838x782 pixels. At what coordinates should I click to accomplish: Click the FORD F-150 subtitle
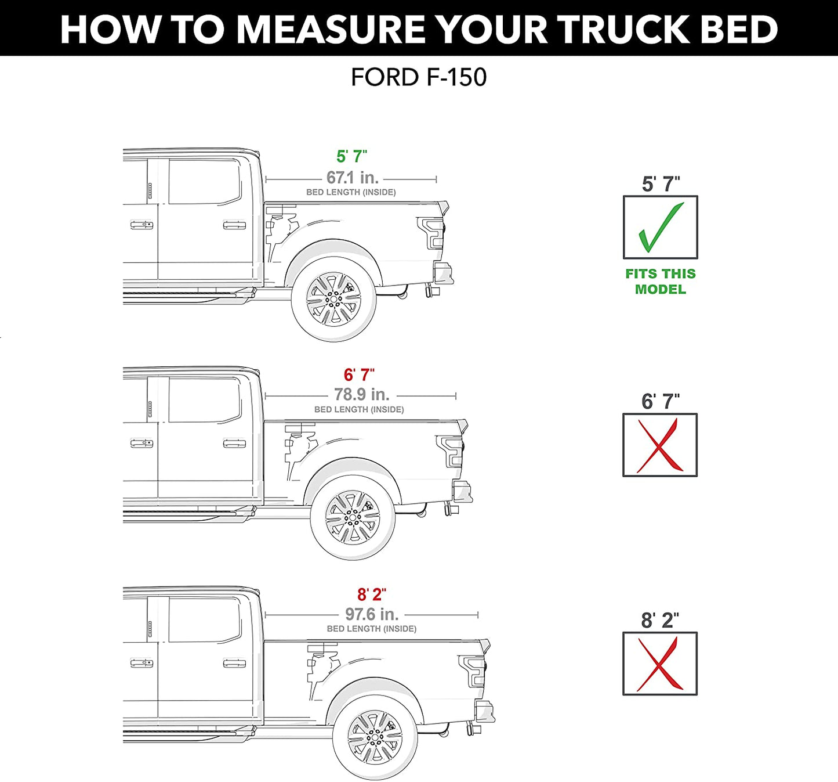418,78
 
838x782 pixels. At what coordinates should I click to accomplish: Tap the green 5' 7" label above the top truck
351,156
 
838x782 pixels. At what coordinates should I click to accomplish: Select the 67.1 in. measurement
352,178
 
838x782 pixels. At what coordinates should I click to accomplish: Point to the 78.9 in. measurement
361,395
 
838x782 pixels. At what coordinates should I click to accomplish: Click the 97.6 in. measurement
372,614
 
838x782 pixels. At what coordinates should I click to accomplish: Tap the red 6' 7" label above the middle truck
359,375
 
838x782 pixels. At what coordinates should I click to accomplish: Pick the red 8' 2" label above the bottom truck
371,594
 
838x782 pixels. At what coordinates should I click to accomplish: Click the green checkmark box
660,228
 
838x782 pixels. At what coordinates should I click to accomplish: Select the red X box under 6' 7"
660,445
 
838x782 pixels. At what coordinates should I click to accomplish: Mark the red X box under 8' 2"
660,664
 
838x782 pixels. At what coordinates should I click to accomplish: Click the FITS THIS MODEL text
660,282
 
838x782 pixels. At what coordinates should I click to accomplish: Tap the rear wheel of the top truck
333,300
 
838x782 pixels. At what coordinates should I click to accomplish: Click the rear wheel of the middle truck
353,518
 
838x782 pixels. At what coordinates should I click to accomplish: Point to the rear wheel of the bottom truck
375,737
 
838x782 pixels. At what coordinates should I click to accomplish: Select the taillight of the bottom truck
473,671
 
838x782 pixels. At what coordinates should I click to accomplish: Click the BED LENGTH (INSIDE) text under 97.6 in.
372,629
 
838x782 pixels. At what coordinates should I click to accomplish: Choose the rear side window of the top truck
204,182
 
